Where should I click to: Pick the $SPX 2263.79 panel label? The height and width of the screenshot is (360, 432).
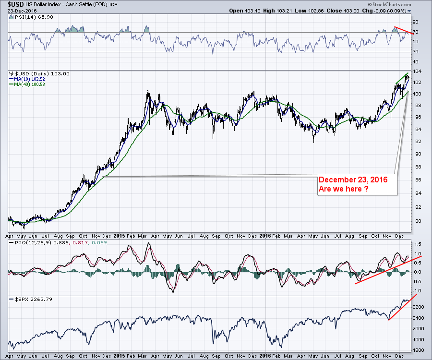click(x=26, y=300)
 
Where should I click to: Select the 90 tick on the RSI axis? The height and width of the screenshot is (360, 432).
click(x=416, y=22)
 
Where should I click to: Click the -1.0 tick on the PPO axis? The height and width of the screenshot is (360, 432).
click(x=418, y=290)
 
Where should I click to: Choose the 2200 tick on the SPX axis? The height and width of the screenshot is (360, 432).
click(x=419, y=306)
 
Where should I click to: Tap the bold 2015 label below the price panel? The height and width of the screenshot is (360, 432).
click(x=120, y=236)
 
